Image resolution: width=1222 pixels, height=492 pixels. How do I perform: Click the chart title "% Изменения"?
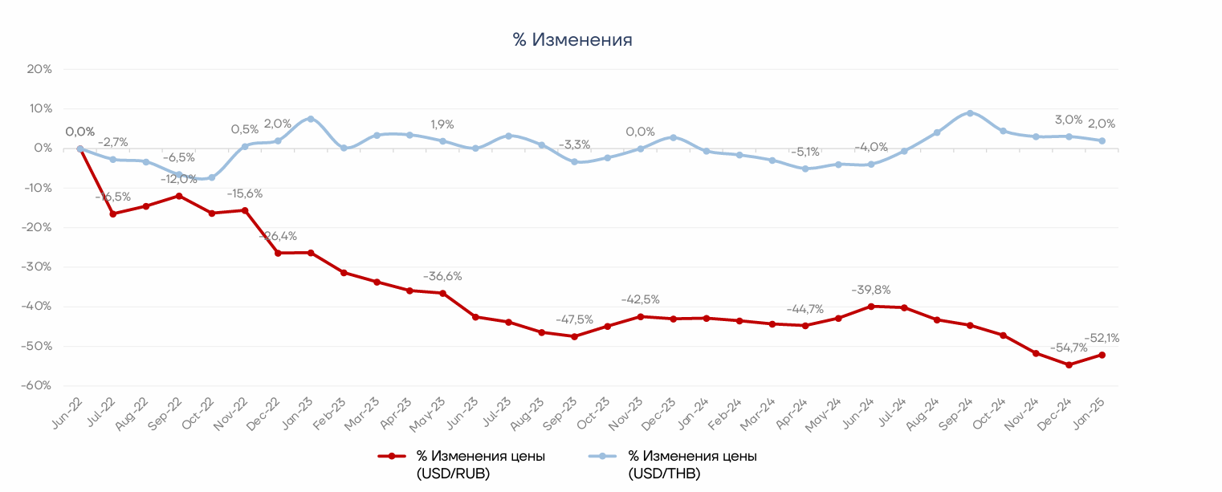(x=572, y=40)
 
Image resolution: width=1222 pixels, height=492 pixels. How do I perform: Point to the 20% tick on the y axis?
(x=39, y=69)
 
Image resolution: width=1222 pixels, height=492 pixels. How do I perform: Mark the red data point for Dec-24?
(x=1069, y=364)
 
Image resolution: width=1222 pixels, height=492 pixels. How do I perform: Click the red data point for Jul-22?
(x=113, y=213)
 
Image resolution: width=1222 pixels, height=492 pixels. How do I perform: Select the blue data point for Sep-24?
(x=970, y=113)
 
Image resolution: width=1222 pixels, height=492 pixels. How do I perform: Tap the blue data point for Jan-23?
(x=311, y=119)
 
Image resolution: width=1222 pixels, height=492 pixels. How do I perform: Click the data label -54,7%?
(x=1068, y=348)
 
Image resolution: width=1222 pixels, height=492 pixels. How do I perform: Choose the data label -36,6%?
(x=442, y=276)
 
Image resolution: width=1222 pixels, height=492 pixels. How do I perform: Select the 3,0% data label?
(x=1069, y=120)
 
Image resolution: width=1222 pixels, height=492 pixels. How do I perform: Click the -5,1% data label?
(x=804, y=152)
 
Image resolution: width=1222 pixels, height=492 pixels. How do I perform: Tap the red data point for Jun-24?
(x=871, y=306)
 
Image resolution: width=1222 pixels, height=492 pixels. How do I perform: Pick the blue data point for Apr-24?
(x=805, y=169)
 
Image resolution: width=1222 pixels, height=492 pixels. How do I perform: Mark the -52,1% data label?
(x=1102, y=338)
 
